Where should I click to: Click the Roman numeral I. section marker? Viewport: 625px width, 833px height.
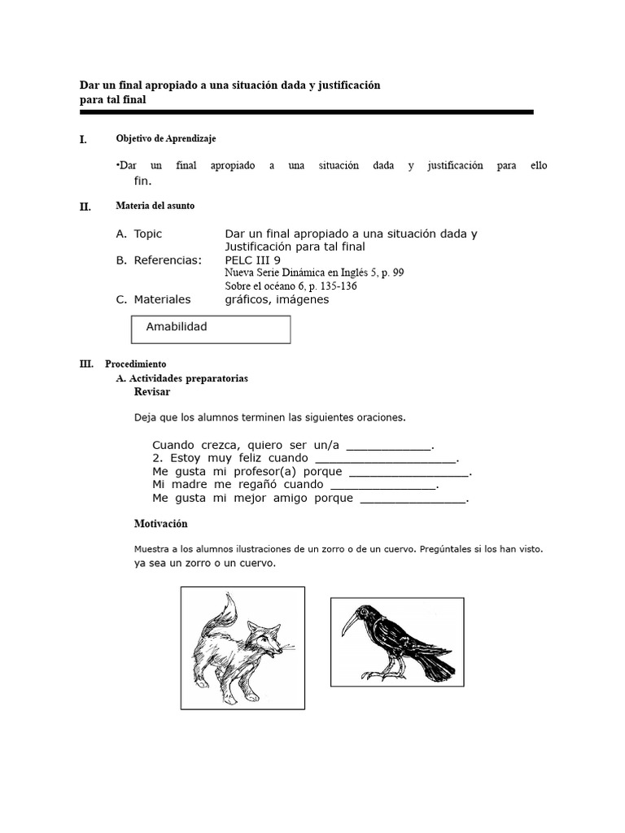coord(83,139)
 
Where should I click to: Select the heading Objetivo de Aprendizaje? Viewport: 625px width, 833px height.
coord(166,139)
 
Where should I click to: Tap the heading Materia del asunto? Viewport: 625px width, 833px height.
coord(155,207)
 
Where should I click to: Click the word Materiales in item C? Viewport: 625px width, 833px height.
coord(162,300)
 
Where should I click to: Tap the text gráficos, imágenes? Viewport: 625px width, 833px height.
coord(277,300)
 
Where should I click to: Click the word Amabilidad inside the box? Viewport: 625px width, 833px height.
coord(177,327)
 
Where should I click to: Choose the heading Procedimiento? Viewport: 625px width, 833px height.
coord(135,364)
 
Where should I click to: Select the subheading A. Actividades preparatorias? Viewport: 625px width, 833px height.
coord(182,378)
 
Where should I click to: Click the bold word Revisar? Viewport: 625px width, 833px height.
coord(152,392)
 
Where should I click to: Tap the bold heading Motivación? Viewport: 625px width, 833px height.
coord(160,524)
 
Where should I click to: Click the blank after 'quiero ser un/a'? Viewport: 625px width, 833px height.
coord(389,446)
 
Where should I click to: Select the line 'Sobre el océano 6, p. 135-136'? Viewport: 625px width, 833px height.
coord(291,286)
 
